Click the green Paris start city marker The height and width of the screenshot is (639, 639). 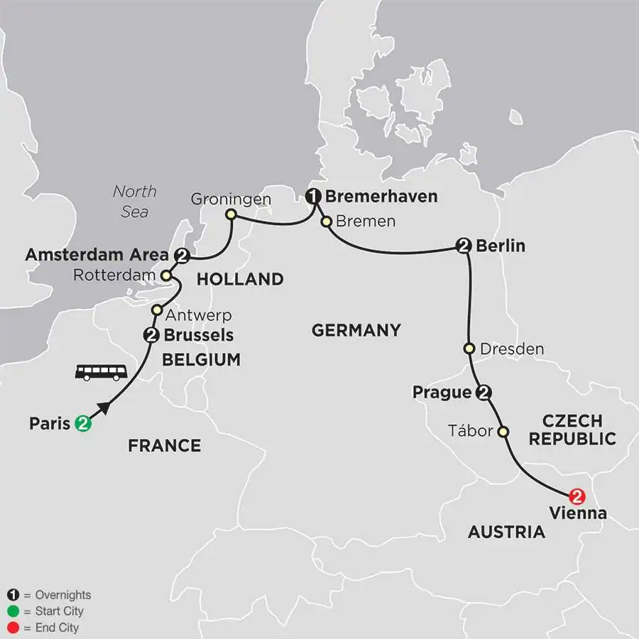[83, 424]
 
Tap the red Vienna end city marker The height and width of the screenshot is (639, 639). [577, 496]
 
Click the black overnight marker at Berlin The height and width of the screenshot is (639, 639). [464, 246]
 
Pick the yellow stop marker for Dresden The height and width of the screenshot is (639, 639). [469, 349]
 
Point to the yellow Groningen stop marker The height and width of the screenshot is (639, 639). [230, 214]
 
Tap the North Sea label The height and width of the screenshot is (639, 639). [135, 202]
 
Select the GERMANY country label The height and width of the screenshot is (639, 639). [356, 330]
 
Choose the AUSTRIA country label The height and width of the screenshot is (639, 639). [506, 532]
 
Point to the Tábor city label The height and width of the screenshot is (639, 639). [471, 431]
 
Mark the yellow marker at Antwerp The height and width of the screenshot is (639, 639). [158, 310]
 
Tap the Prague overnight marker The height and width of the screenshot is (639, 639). [485, 392]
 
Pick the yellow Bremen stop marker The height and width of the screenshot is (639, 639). [326, 222]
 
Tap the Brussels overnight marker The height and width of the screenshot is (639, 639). [151, 335]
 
